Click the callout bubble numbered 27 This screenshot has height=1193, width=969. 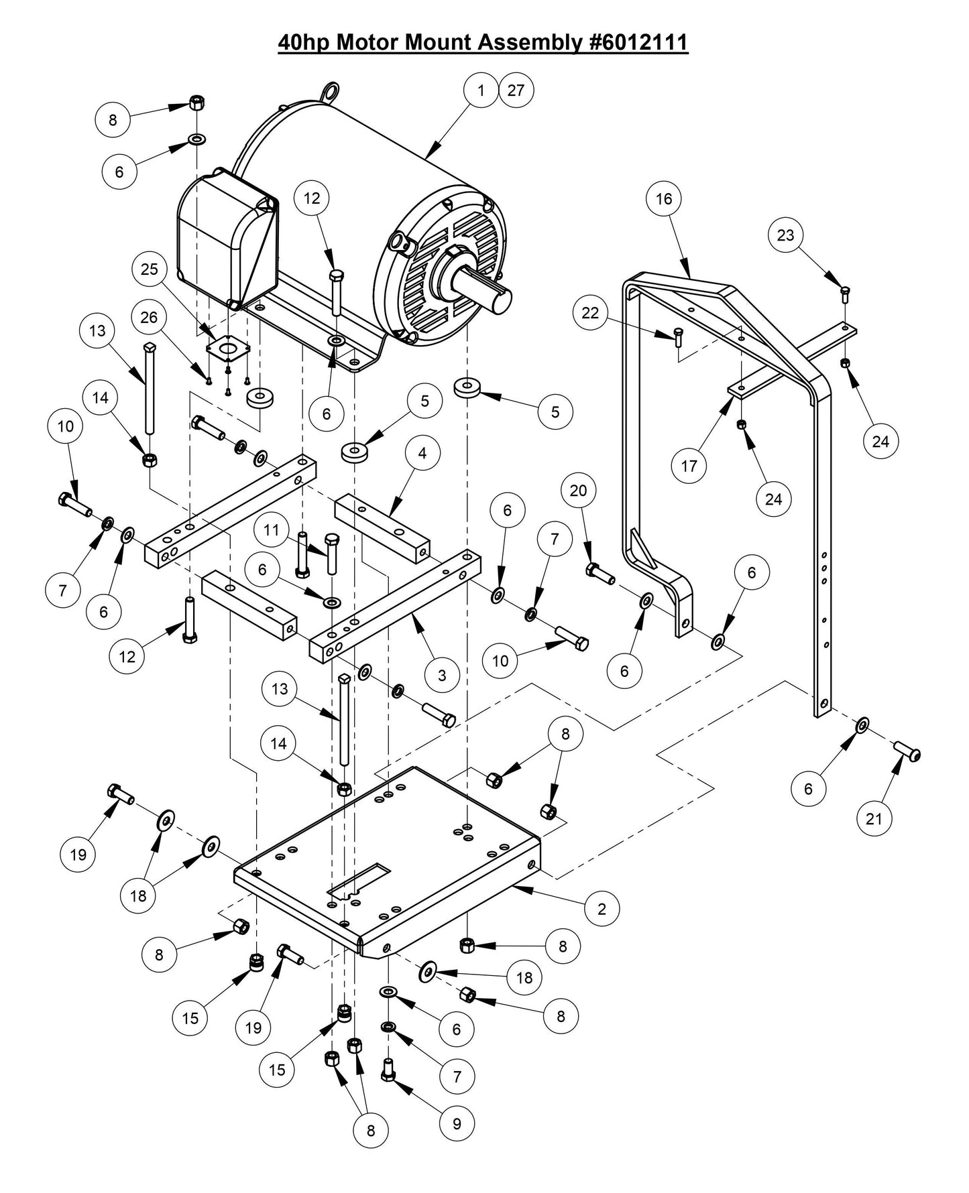(516, 90)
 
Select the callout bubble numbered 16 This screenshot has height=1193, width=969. (664, 199)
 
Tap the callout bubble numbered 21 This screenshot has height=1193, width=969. (874, 818)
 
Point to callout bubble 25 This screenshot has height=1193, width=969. (149, 269)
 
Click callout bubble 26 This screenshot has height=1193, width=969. (149, 316)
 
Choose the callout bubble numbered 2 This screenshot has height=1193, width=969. (602, 909)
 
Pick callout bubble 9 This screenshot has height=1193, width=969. (457, 1123)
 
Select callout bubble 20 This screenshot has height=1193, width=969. (578, 491)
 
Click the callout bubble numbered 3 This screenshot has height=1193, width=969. (441, 675)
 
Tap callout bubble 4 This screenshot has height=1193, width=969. (422, 453)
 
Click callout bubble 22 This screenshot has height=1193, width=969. (590, 314)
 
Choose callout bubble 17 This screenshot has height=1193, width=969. (689, 465)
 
